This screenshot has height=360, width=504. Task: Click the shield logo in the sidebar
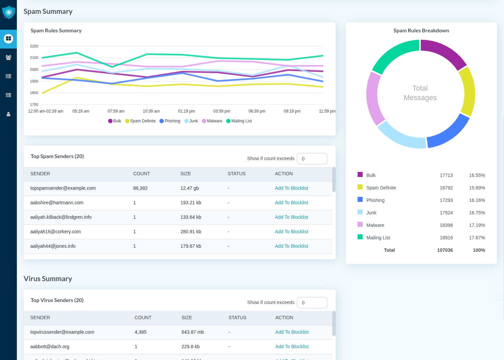pos(8,12)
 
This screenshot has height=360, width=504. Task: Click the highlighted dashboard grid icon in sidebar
pos(8,39)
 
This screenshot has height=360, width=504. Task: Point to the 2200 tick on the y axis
pos(34,46)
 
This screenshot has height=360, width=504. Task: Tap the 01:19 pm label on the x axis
pos(187,111)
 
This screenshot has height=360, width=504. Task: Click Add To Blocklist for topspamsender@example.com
pos(291,188)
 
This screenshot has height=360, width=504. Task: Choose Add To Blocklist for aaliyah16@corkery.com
pos(291,232)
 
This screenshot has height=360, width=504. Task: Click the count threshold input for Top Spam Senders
pos(312,159)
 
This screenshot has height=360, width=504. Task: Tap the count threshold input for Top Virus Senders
pos(312,303)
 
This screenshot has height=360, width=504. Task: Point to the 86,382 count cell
pos(140,188)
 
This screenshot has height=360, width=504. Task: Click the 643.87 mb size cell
pos(193,332)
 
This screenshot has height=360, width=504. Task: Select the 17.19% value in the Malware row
pos(477,225)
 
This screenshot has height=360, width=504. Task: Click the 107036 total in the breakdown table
pos(445,250)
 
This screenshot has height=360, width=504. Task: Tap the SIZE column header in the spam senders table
pos(186,174)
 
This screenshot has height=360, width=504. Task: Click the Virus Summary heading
pos(48,279)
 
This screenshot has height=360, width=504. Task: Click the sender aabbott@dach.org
pos(50,347)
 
